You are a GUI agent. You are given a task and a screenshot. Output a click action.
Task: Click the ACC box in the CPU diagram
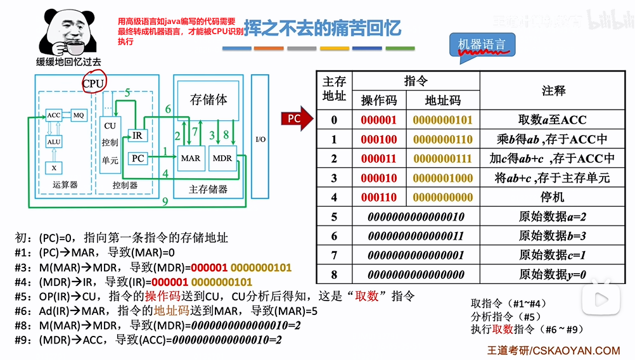coord(54,115)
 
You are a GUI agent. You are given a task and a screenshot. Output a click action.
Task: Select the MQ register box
coord(79,115)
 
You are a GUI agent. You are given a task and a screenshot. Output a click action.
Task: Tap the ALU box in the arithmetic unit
coord(54,142)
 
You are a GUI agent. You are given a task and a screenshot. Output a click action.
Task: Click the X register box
coord(54,168)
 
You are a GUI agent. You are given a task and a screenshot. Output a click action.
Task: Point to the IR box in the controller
coord(138,135)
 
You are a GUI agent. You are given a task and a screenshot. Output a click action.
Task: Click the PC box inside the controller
coord(138,158)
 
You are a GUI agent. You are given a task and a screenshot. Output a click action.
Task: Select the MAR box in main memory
coord(190,158)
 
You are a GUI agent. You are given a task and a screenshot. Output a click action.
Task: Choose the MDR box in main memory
coord(222,158)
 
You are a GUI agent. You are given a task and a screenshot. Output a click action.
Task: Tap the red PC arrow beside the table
coord(297,118)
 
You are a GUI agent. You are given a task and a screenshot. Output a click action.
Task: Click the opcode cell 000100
coord(379,139)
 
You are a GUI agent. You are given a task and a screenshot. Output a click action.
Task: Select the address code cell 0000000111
coord(443,158)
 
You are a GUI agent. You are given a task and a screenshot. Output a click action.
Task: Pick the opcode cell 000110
coord(379,197)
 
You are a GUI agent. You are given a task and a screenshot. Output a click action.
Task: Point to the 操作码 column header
coord(379,101)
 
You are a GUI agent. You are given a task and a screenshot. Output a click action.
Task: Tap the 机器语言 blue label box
coord(482,44)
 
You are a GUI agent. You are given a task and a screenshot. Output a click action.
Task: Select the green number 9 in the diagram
coord(165,202)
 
